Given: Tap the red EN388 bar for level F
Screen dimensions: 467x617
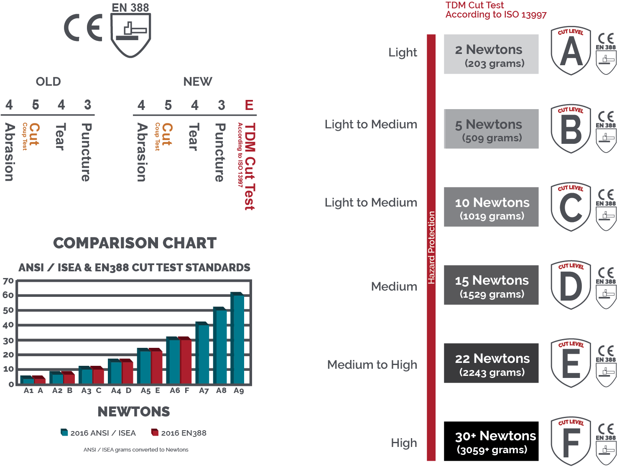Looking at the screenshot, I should click(x=186, y=360).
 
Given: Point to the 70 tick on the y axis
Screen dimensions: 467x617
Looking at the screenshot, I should click(x=8, y=281).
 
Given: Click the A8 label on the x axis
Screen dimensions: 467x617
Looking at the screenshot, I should click(x=221, y=390).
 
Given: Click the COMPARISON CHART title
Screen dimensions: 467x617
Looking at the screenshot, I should click(x=135, y=243).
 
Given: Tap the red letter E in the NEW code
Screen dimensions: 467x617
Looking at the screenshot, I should click(x=249, y=105).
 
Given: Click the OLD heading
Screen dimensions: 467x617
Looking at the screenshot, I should click(x=48, y=82).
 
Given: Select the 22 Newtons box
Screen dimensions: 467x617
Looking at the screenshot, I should click(x=491, y=363).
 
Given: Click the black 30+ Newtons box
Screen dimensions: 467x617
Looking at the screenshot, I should click(x=491, y=441).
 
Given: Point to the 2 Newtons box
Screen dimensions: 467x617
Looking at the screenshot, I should click(x=491, y=54).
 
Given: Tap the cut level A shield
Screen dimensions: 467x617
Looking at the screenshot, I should click(x=571, y=51).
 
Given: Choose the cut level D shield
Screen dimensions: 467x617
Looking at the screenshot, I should click(x=571, y=285).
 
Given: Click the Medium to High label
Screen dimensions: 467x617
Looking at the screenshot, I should click(x=372, y=365).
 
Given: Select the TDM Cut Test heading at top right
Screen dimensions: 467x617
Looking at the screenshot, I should click(x=496, y=10).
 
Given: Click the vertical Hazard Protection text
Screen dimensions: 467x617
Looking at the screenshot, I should click(x=431, y=248).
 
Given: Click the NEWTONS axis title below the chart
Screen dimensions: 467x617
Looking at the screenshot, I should click(x=134, y=412).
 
